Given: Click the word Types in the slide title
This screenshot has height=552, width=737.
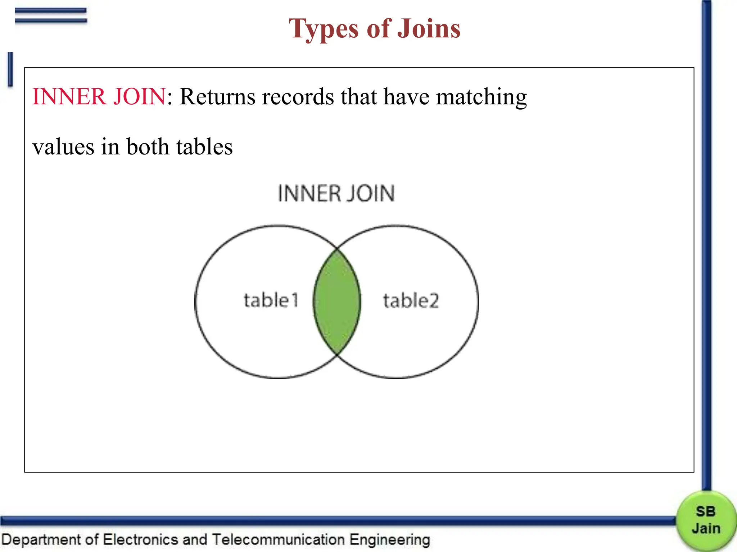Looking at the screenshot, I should click(324, 29).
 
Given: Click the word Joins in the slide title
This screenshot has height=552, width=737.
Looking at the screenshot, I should click(429, 28).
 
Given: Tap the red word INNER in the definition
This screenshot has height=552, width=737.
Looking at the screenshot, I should click(69, 97).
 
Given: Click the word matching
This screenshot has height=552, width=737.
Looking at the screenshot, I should click(481, 97).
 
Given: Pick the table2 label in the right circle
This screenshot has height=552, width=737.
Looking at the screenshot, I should click(411, 300).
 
